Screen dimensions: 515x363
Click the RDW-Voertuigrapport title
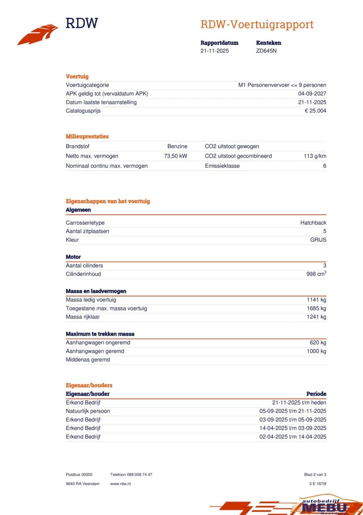(x=257, y=25)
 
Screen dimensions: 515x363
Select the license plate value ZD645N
(x=266, y=51)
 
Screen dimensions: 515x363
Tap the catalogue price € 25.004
(x=315, y=111)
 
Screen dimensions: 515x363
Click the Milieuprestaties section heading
(x=87, y=136)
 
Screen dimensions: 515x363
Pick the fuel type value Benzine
(x=177, y=146)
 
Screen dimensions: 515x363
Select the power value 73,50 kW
(x=175, y=156)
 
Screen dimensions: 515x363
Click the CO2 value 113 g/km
(x=315, y=156)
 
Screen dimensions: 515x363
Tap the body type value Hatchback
(x=313, y=223)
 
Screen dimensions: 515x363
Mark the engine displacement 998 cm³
(x=316, y=274)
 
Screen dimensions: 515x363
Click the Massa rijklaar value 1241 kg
(x=316, y=317)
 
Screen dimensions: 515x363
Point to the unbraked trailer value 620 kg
(x=318, y=343)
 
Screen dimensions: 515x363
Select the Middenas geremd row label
(x=88, y=360)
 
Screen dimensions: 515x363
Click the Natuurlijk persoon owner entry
(x=88, y=411)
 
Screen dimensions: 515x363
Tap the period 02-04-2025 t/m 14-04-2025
(x=293, y=437)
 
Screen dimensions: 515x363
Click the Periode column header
(x=316, y=394)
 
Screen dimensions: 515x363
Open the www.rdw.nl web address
(x=120, y=484)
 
